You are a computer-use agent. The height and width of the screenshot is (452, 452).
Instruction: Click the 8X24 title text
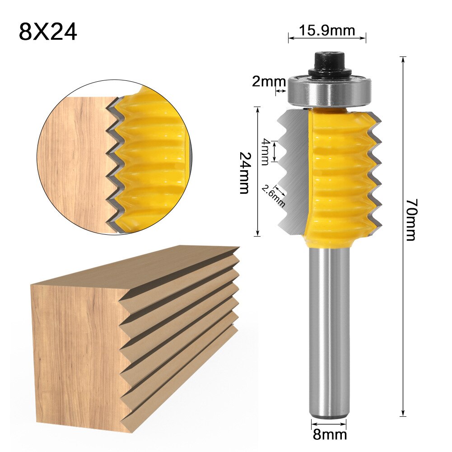tap(48, 32)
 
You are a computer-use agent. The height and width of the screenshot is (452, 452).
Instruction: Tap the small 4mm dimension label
tap(265, 151)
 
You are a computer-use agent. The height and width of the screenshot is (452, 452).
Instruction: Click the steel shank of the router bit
tap(329, 330)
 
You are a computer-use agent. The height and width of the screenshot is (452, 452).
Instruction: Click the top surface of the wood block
tap(135, 266)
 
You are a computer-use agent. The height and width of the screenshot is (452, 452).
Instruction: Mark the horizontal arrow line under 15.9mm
tap(327, 39)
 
